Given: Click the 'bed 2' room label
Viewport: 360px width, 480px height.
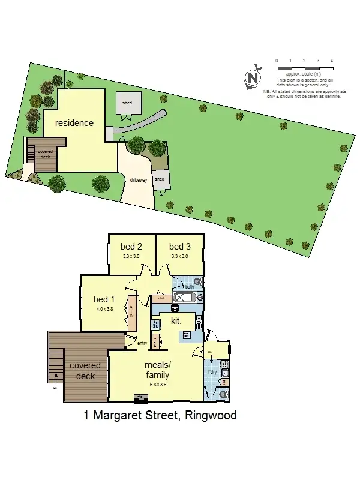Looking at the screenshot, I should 131,247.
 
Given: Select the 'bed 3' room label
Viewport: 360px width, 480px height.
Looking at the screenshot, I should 179,247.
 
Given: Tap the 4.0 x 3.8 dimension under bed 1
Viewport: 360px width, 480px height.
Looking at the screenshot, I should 104,310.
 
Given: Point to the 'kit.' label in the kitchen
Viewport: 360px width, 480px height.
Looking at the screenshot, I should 176,322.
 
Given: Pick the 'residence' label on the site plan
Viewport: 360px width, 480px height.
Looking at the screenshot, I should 74,123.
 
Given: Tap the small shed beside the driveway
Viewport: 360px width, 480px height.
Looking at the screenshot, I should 160,179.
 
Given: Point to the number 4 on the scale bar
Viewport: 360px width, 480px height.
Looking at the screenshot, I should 332,61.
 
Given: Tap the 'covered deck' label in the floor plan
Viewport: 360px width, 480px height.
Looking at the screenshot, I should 82,371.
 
